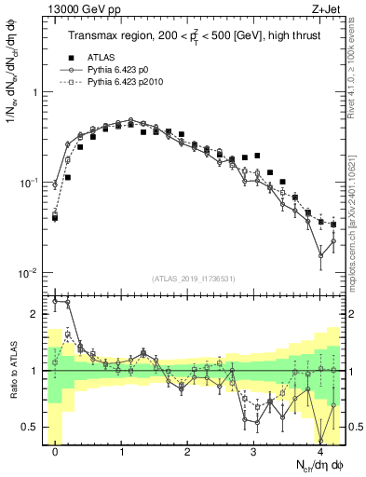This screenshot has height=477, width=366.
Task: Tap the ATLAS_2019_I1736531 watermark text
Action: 193,279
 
